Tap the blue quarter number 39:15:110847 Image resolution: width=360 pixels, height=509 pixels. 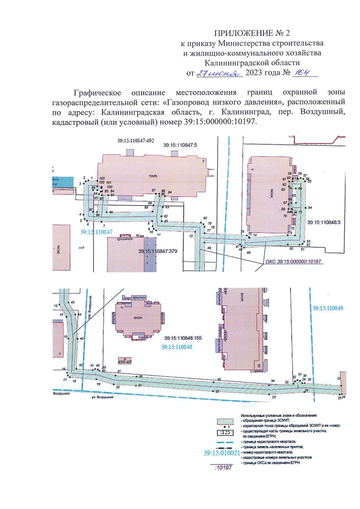pyautogui.click(x=96, y=232)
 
